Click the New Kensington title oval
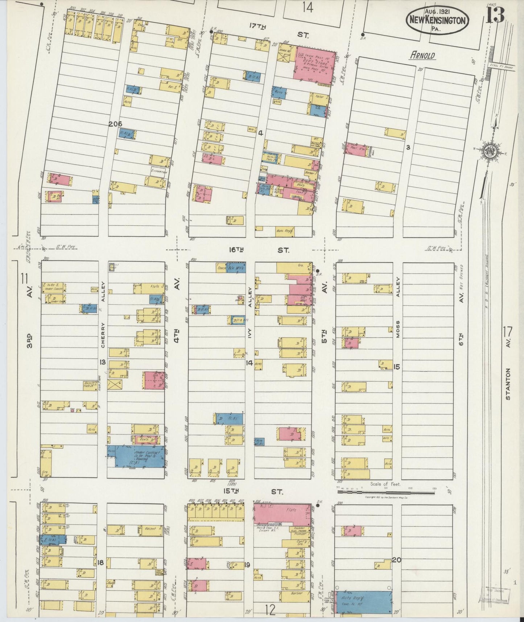[437, 20]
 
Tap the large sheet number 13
[495, 15]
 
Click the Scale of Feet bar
[386, 492]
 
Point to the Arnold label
[422, 56]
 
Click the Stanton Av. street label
[508, 384]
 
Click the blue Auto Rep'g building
[364, 602]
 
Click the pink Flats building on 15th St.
[282, 513]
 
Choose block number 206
[115, 124]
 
